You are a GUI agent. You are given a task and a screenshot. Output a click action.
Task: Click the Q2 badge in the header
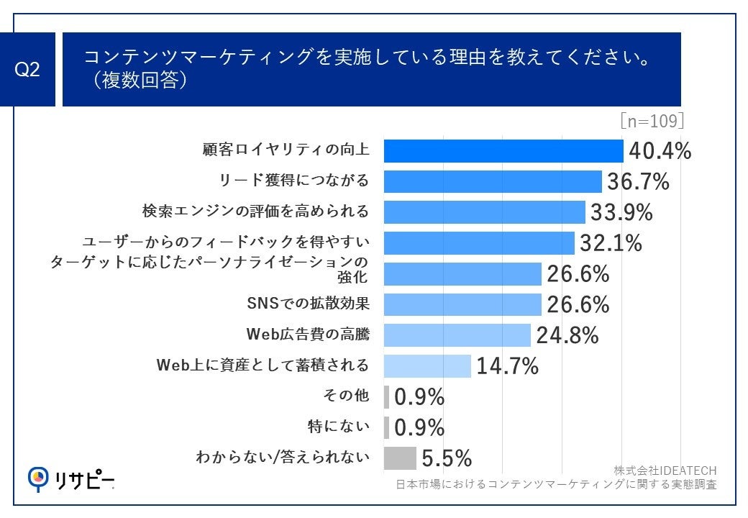[x=27, y=71]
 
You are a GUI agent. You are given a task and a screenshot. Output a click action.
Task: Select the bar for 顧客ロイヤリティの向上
[x=503, y=151]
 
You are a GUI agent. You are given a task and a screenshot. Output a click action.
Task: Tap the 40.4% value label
[x=660, y=151]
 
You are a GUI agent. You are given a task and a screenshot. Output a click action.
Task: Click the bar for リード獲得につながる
[x=492, y=181]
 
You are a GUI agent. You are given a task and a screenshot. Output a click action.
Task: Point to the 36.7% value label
[x=638, y=181]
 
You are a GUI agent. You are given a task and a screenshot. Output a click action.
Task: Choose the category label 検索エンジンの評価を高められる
[x=256, y=212]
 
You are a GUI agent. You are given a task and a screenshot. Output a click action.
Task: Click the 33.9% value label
[x=621, y=212]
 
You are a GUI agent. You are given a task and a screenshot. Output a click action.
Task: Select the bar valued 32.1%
[x=478, y=243]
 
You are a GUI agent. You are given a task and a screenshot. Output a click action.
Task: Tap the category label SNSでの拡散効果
[x=308, y=304]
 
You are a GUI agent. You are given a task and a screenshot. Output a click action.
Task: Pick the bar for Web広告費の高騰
[x=457, y=335]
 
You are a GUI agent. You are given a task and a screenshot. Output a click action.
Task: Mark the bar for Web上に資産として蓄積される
[x=427, y=365]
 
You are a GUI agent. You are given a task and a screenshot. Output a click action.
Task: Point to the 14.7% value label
[x=507, y=366]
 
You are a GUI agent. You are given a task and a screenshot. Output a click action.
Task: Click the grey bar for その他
[x=386, y=396]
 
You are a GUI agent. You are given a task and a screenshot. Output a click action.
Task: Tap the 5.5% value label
[x=446, y=458]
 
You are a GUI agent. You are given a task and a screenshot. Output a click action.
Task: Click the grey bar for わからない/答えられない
[x=400, y=458]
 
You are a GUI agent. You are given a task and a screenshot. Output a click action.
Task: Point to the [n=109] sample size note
[x=652, y=119]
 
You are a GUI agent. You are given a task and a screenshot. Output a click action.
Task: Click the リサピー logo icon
[x=38, y=477]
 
